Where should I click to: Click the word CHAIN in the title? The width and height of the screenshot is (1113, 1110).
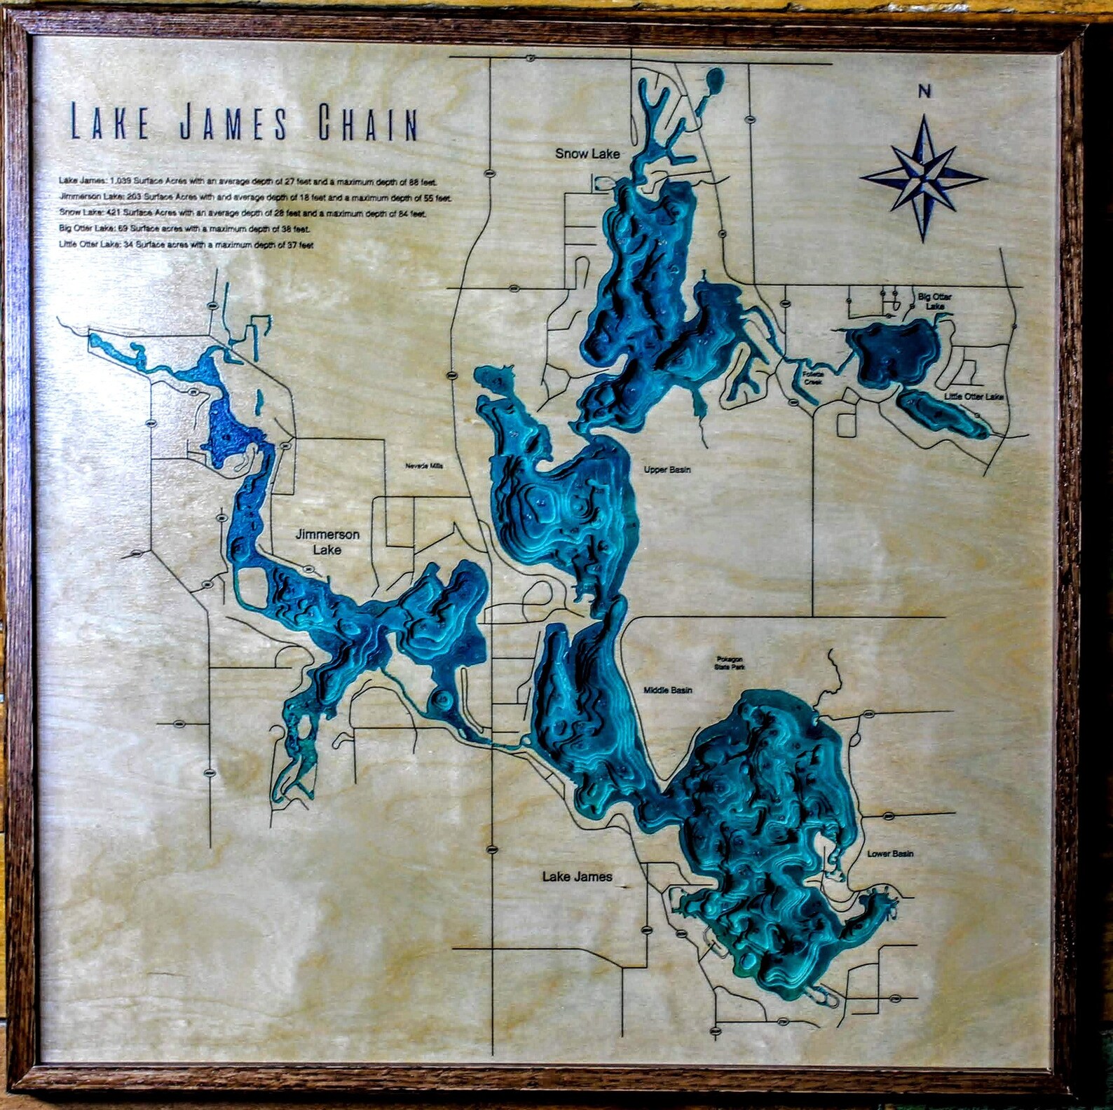[x=368, y=123]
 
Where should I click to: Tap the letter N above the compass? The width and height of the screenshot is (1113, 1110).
[x=924, y=91]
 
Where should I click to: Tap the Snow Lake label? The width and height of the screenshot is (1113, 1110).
[x=587, y=153]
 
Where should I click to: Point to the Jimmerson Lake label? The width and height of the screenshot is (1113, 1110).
[x=327, y=542]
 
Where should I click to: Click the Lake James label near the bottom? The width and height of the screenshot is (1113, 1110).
[x=577, y=876]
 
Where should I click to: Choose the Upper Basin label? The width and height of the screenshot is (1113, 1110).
[x=667, y=470]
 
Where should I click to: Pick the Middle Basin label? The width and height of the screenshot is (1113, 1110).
[x=667, y=690]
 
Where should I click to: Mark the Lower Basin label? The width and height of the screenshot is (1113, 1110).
[x=890, y=854]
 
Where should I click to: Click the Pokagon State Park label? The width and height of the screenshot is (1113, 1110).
[x=729, y=663]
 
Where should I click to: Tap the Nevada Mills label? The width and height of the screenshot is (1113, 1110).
[x=424, y=466]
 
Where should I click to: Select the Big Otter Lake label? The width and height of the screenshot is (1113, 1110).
[x=934, y=301]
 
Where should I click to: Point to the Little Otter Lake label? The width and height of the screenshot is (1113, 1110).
[x=974, y=397]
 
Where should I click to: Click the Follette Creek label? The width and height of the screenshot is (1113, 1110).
[x=813, y=378]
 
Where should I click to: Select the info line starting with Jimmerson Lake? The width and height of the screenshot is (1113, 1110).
[x=255, y=198]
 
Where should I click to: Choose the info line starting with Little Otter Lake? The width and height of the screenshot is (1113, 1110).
[x=186, y=245]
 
